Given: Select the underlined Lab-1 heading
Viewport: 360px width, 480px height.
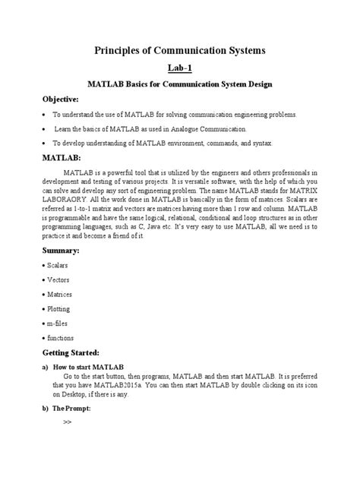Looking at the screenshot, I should pyautogui.click(x=179, y=68).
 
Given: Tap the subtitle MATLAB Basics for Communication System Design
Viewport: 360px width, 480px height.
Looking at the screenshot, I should pyautogui.click(x=179, y=83).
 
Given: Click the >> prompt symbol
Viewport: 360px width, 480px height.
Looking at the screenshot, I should pyautogui.click(x=68, y=422).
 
